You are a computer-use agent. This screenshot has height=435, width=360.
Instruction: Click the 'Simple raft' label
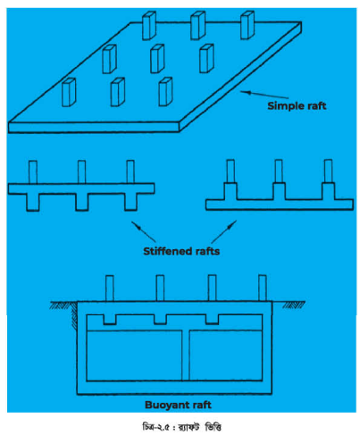coord(297,105)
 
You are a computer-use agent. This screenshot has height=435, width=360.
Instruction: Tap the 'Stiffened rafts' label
coord(181,251)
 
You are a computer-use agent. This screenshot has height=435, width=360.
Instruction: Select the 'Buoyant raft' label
coord(178,405)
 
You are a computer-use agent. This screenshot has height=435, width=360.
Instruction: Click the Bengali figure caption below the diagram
coord(181,427)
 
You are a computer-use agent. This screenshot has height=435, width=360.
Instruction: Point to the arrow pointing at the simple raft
coord(264,95)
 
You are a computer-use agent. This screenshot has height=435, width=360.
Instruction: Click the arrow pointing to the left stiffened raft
coord(143,231)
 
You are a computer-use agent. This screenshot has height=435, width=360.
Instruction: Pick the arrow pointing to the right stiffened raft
coord(224,232)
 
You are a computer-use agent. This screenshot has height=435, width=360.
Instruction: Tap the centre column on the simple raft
coord(157,59)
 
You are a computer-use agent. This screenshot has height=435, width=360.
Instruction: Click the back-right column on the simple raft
coord(247,25)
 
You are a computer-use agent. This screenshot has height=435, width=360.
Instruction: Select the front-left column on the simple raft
coord(69,92)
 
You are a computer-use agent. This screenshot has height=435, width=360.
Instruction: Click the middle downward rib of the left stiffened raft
coord(82,202)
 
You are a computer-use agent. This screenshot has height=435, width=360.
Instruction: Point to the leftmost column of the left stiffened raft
coord(33,172)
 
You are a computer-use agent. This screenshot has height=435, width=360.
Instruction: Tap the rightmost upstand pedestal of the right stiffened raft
coord(328,191)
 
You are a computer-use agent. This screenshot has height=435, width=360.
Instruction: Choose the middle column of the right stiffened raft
coord(279,171)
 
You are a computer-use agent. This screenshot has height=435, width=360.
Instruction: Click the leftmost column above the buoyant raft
coord(110,289)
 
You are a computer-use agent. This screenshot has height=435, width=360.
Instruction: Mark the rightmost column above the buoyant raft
coord(263,288)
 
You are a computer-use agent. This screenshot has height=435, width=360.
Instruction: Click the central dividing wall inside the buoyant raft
coord(186,356)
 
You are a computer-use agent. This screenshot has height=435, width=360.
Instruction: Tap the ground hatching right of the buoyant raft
coord(294,305)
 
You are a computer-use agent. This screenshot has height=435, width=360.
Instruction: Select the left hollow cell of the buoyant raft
coord(134,356)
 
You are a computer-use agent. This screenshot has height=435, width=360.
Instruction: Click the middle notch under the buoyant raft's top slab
coord(160,319)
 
